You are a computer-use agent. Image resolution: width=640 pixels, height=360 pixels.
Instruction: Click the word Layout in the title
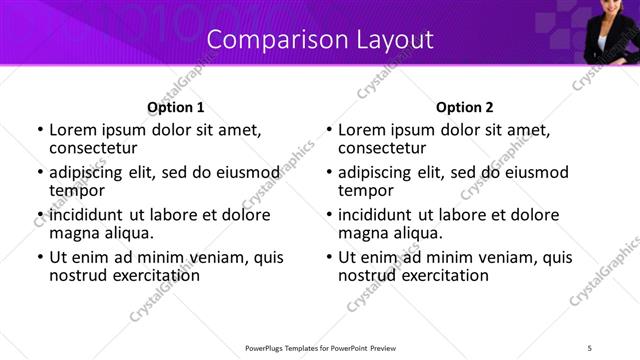(x=396, y=40)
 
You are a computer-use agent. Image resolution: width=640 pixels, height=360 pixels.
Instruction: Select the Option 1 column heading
(x=175, y=107)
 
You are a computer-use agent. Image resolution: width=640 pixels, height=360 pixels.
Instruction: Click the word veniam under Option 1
(x=220, y=257)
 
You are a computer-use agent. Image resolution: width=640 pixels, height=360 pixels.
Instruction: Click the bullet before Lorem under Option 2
(x=329, y=131)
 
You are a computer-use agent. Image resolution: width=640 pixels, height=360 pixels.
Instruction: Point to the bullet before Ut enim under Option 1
(x=40, y=258)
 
